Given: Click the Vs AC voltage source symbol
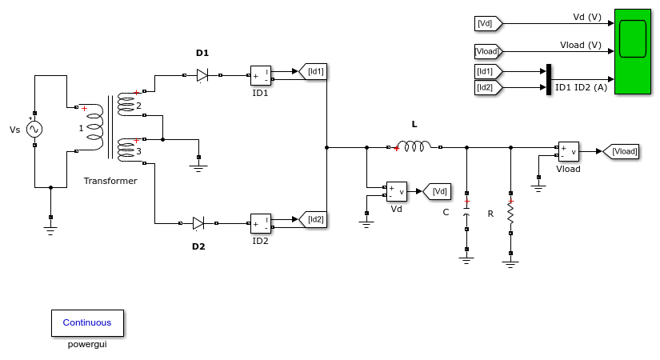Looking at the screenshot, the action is click(x=34, y=130).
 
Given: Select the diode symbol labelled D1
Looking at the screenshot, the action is click(x=202, y=75).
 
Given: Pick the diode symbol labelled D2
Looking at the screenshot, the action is click(x=198, y=223).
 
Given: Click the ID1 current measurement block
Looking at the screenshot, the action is click(x=261, y=76).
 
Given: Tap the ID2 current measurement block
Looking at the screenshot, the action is click(x=261, y=224).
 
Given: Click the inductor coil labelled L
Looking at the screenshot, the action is click(x=414, y=146).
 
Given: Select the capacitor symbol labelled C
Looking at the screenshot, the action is click(x=466, y=211).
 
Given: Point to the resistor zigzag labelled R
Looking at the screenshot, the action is click(x=510, y=213).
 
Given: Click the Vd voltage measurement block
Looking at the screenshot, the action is click(x=397, y=191).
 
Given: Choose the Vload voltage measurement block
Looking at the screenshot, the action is click(x=569, y=151).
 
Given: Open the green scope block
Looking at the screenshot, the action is click(x=633, y=51).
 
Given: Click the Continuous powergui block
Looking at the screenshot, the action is click(x=87, y=323).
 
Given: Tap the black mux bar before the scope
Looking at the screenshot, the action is click(x=549, y=79).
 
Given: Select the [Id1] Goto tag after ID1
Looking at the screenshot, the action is click(x=313, y=71).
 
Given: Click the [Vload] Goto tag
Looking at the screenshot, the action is click(x=621, y=151).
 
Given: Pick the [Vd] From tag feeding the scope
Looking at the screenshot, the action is click(x=488, y=23).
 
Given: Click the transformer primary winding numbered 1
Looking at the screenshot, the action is click(x=94, y=128).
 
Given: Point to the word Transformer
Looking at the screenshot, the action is click(x=110, y=181).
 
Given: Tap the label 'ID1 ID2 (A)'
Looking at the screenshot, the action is click(x=582, y=87).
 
